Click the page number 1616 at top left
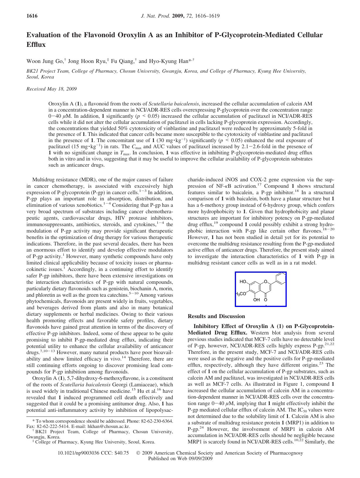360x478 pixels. coord(32,16)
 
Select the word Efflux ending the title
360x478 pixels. coord(36,45)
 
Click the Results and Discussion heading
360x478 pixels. coord(216,316)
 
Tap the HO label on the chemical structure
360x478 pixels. coord(243,282)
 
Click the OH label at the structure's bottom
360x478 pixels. coord(257,300)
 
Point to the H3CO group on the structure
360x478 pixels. coord(241,294)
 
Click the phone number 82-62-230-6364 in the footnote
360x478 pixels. coord(155,421)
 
